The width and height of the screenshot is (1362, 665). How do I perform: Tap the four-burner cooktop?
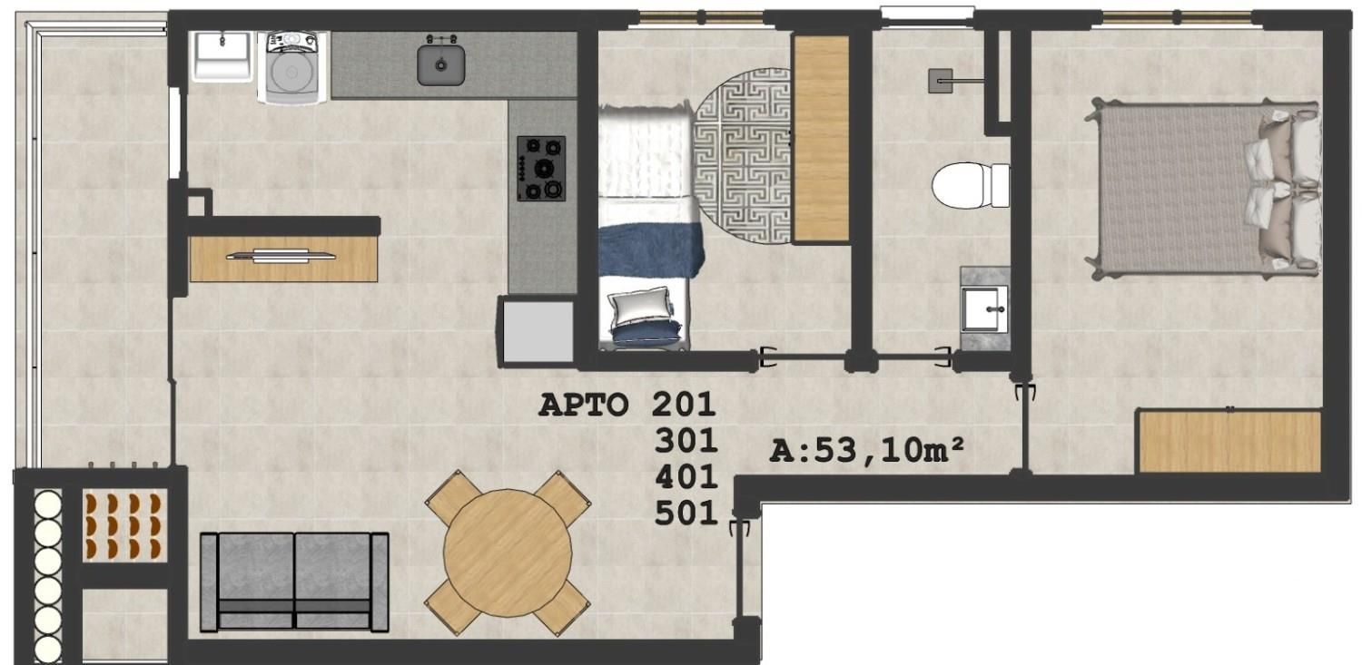click(x=541, y=168)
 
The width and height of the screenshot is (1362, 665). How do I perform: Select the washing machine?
click(x=292, y=67)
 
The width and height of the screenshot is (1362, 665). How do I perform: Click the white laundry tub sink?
click(x=222, y=56)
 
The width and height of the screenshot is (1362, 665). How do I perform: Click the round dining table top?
click(x=508, y=553)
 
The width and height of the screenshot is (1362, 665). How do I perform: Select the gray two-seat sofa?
click(x=294, y=582)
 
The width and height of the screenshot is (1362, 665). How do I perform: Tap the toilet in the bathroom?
click(x=971, y=184)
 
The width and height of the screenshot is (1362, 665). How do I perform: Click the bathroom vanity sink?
click(x=984, y=308)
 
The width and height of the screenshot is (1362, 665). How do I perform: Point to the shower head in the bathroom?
click(x=941, y=81)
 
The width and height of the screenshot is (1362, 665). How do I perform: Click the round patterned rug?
click(x=743, y=156)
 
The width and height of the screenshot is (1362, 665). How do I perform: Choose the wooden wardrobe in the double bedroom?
click(x=1229, y=442)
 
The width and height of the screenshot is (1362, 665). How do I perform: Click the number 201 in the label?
click(x=684, y=405)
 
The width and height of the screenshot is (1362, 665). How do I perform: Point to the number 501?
click(x=686, y=513)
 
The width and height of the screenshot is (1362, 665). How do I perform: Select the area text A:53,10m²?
click(x=866, y=451)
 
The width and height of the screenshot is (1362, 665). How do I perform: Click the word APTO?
click(x=583, y=405)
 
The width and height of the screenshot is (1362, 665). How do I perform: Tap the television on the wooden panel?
click(x=281, y=256)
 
